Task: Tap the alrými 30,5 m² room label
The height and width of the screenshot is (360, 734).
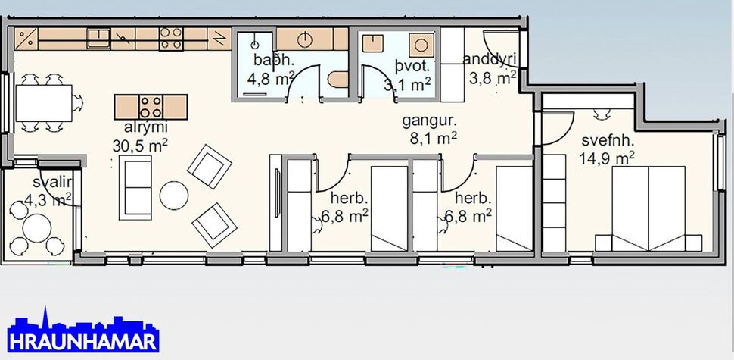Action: click(x=140, y=136)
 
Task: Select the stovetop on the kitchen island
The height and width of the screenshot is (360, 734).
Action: click(x=151, y=106)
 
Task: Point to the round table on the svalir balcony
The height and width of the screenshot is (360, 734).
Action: click(x=34, y=227)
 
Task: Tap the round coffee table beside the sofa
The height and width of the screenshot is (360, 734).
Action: click(x=174, y=195)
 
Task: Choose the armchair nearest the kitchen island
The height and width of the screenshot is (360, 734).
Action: click(x=208, y=164)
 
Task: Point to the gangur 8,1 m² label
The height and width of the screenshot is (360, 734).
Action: click(x=429, y=129)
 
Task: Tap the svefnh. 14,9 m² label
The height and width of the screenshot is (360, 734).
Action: click(x=607, y=149)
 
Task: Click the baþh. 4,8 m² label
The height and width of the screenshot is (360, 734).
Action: click(x=269, y=70)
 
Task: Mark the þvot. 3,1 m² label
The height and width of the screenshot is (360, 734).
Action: click(x=407, y=75)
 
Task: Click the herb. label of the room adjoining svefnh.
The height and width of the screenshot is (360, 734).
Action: click(x=473, y=208)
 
